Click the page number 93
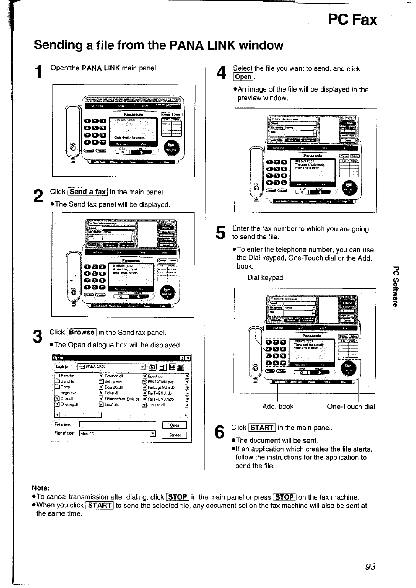[370, 566]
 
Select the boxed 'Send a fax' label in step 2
[88, 192]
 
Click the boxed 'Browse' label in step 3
[82, 332]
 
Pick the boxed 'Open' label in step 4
[243, 77]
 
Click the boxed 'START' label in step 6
[262, 428]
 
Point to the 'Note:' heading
[41, 488]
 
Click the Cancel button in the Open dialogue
[174, 435]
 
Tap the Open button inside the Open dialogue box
[174, 425]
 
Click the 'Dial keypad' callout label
[265, 278]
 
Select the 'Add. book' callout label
[278, 407]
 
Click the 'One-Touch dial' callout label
[351, 407]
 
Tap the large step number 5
[221, 233]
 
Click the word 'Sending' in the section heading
[59, 45]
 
